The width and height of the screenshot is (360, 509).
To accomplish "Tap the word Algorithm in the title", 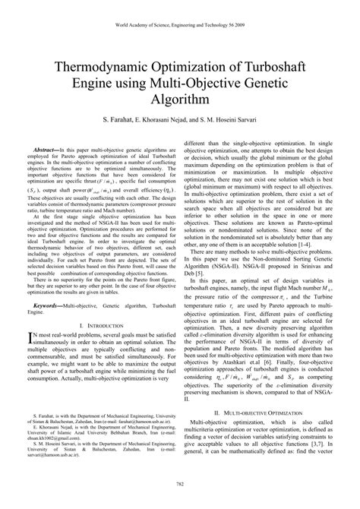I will pyautogui.click(x=180, y=99).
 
